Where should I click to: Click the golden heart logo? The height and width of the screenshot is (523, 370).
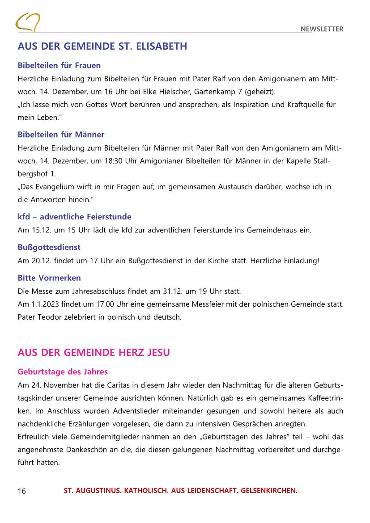(x=28, y=22)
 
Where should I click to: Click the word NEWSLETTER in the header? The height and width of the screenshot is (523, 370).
(x=322, y=30)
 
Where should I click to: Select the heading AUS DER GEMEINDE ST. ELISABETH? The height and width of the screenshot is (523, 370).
(x=102, y=46)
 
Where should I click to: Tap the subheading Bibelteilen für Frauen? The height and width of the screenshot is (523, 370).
(x=59, y=65)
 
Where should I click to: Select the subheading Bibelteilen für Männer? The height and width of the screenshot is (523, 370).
(x=61, y=135)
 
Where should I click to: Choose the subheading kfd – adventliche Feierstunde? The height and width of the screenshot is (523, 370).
(x=74, y=217)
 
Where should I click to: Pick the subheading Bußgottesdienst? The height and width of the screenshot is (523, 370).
(x=49, y=247)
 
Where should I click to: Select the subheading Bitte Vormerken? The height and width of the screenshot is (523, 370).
(x=49, y=278)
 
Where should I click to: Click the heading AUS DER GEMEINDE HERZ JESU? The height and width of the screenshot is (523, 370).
(x=94, y=353)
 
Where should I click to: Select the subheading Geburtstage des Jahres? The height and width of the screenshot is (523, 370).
(x=63, y=371)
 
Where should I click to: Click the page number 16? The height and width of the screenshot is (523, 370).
(x=22, y=491)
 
